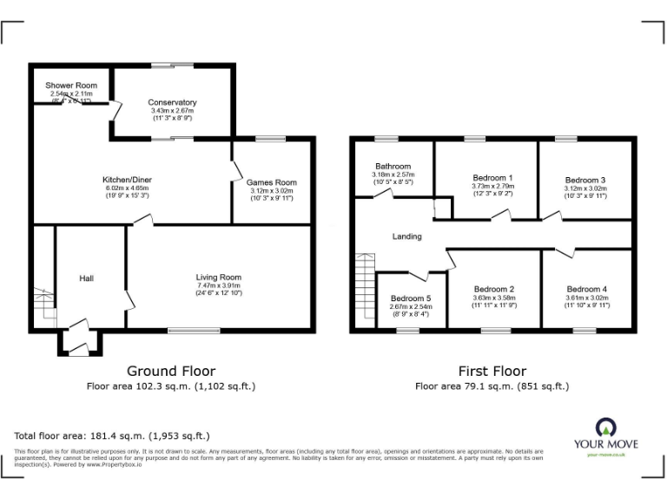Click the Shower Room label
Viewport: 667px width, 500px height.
pyautogui.click(x=71, y=85)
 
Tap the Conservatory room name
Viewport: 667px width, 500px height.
pyautogui.click(x=173, y=102)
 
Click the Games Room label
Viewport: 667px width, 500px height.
pyautogui.click(x=271, y=182)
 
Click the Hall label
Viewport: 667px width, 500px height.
pyautogui.click(x=86, y=278)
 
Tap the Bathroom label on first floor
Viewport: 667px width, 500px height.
pyautogui.click(x=393, y=166)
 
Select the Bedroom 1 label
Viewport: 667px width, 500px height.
pyautogui.click(x=492, y=177)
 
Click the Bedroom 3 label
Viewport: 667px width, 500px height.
pyautogui.click(x=584, y=180)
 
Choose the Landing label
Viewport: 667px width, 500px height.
pyautogui.click(x=406, y=236)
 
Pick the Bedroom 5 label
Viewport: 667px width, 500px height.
pyautogui.click(x=410, y=298)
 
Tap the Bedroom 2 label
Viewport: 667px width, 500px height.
pyautogui.click(x=494, y=289)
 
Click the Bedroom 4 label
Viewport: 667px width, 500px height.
pyautogui.click(x=587, y=289)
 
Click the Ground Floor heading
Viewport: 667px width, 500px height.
pyautogui.click(x=171, y=371)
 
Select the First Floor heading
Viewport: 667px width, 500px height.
pyautogui.click(x=492, y=371)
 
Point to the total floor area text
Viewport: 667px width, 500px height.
pyautogui.click(x=112, y=435)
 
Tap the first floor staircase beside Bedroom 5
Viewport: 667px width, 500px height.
pyautogui.click(x=364, y=291)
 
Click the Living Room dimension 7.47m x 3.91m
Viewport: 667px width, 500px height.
pyautogui.click(x=218, y=286)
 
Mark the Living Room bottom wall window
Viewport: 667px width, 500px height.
pyautogui.click(x=194, y=329)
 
